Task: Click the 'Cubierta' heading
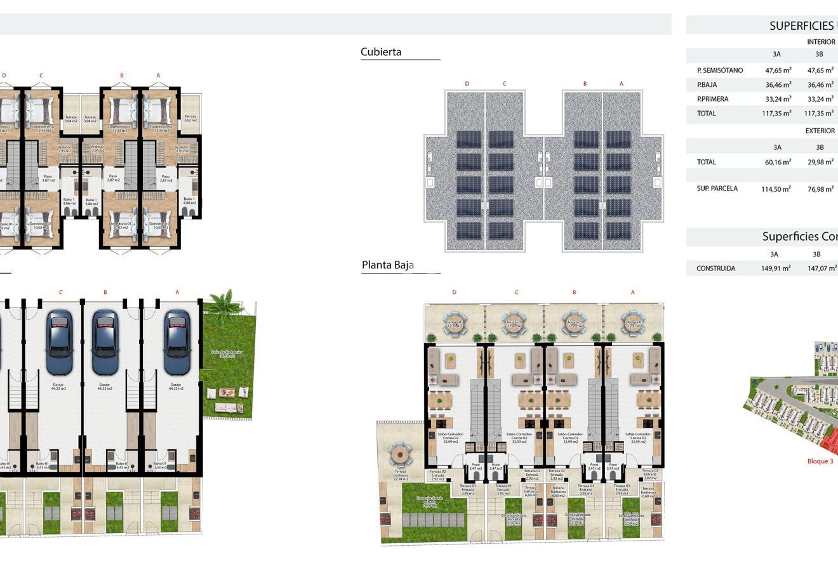pyautogui.click(x=381, y=52)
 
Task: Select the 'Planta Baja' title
pyautogui.click(x=387, y=265)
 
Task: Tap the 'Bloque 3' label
pyautogui.click(x=820, y=461)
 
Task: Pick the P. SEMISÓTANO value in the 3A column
pyautogui.click(x=778, y=70)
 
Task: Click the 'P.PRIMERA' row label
pyautogui.click(x=712, y=99)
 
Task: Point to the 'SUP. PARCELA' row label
pyautogui.click(x=717, y=188)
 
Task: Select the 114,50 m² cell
pyautogui.click(x=776, y=189)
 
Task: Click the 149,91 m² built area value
pyautogui.click(x=776, y=268)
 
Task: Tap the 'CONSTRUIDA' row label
pyautogui.click(x=715, y=268)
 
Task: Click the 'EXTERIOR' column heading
pyautogui.click(x=820, y=131)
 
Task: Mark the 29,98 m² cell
pyautogui.click(x=820, y=162)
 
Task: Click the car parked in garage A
pyautogui.click(x=177, y=342)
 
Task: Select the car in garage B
pyautogui.click(x=105, y=342)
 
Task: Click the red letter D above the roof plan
pyautogui.click(x=467, y=84)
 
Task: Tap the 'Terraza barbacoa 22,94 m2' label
pyautogui.click(x=400, y=475)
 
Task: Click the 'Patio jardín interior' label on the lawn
pyautogui.click(x=227, y=353)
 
